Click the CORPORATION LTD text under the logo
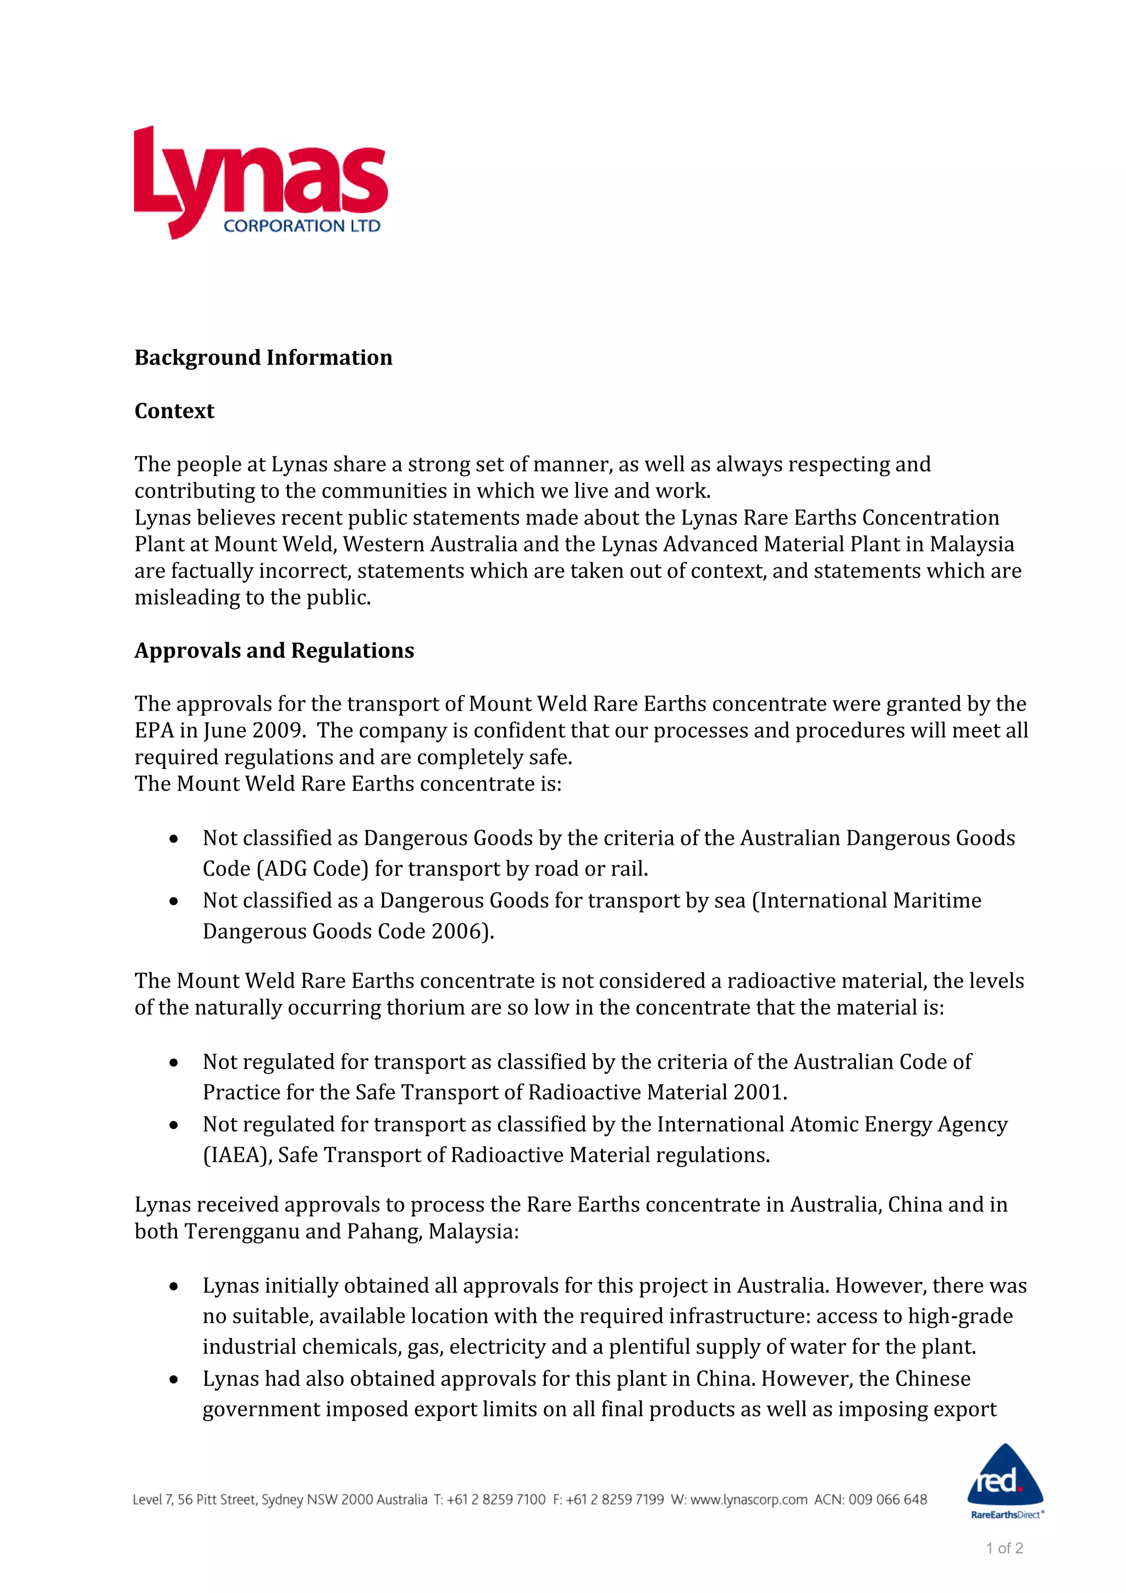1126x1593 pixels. click(302, 226)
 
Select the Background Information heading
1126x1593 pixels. click(263, 357)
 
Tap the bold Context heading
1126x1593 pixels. click(174, 411)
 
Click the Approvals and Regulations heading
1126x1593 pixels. click(274, 650)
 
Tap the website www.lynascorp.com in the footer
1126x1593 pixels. click(749, 1500)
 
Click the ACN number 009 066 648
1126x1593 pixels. click(887, 1500)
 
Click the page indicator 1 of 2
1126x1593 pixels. click(1004, 1548)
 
